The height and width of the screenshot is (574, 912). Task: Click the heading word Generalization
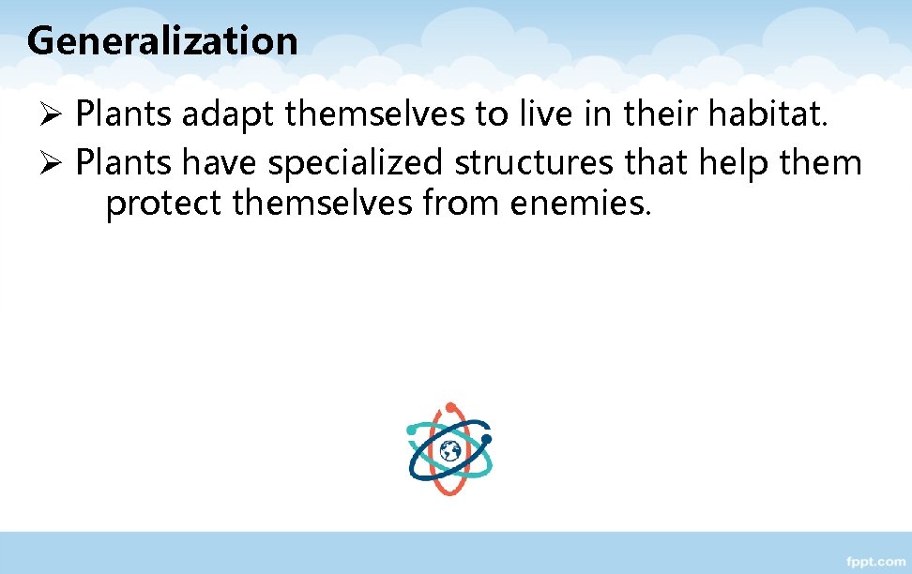162,40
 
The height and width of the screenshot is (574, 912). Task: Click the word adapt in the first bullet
228,115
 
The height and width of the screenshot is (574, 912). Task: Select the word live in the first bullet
537,115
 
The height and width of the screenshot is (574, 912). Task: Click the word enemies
579,202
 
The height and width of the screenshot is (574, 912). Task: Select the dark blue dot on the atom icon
485,438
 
